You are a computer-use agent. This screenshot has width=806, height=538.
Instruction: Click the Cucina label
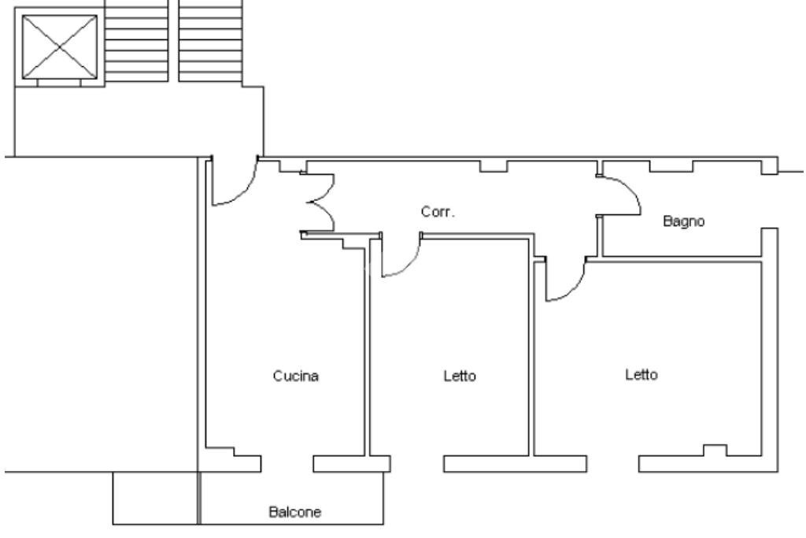tap(295, 377)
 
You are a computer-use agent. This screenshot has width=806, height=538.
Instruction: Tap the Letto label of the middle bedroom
tap(460, 377)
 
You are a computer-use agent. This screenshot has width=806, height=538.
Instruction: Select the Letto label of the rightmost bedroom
tap(641, 375)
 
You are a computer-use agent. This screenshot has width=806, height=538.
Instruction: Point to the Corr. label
tap(438, 212)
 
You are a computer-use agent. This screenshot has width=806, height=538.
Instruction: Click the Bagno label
tap(684, 221)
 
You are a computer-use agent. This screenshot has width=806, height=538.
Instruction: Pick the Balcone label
tap(295, 512)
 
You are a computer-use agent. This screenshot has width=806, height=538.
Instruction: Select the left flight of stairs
tap(136, 39)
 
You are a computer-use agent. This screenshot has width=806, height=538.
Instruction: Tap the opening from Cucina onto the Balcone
tap(287, 464)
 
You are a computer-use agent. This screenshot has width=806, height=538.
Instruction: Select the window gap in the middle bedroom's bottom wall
tap(417, 464)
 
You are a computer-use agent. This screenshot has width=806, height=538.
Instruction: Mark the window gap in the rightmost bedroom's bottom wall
tap(612, 464)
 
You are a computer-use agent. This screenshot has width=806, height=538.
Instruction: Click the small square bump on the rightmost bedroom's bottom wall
tap(715, 450)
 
